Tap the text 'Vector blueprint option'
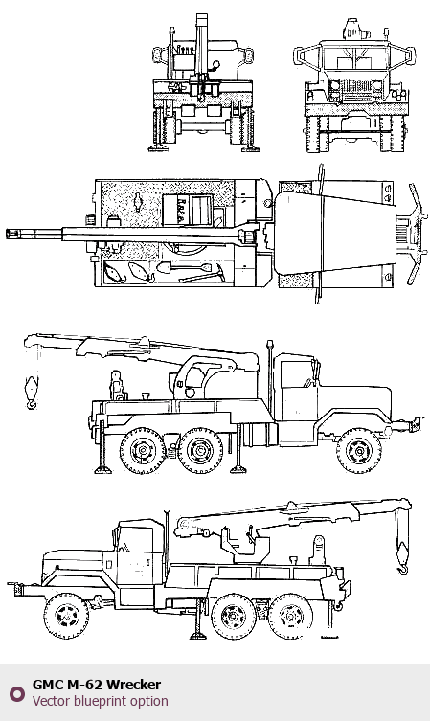click(101, 701)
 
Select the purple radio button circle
click(17, 693)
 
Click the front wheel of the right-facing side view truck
click(359, 451)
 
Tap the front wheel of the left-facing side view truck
click(67, 616)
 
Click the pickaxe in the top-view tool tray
click(202, 275)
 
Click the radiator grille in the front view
click(356, 88)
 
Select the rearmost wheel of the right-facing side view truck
click(142, 451)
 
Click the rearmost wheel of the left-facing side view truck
click(290, 616)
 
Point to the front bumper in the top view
click(418, 234)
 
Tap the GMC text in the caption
click(48, 685)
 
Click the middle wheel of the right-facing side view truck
click(200, 451)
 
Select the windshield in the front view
click(355, 57)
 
